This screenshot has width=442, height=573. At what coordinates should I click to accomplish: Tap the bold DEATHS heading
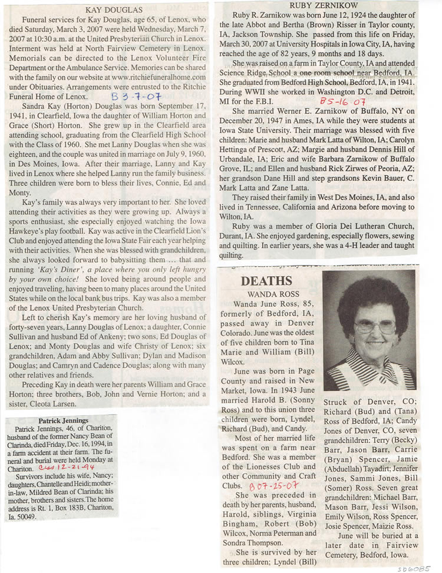point(267,281)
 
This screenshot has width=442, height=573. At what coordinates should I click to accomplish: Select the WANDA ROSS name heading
point(267,294)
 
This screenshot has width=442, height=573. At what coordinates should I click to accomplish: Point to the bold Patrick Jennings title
point(63,420)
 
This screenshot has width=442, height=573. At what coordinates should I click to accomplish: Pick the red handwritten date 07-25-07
point(268,487)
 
